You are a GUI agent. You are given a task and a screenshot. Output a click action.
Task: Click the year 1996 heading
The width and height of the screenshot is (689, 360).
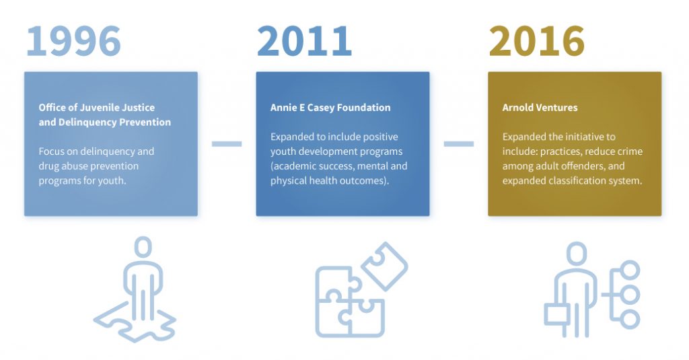pyautogui.click(x=73, y=41)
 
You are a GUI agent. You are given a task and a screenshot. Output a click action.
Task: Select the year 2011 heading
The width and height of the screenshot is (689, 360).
pyautogui.click(x=304, y=41)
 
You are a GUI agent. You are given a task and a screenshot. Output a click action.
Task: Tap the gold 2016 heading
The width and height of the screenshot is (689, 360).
pyautogui.click(x=536, y=41)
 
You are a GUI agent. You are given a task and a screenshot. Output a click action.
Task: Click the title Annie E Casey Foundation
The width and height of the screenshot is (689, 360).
pyautogui.click(x=330, y=108)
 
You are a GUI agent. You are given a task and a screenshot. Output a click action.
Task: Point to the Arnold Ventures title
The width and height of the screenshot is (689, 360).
pyautogui.click(x=540, y=108)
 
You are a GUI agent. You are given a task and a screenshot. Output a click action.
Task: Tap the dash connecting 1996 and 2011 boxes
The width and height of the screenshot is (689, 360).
pyautogui.click(x=227, y=144)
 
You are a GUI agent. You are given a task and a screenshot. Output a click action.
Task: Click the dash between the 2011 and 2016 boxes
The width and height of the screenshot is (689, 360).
pyautogui.click(x=459, y=144)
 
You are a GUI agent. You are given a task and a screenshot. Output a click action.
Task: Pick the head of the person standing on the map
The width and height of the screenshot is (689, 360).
pyautogui.click(x=143, y=247)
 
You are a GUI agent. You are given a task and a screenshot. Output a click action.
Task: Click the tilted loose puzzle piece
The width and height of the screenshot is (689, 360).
pyautogui.click(x=384, y=266)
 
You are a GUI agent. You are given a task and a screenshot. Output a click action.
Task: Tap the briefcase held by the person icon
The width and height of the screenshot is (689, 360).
pyautogui.click(x=557, y=314)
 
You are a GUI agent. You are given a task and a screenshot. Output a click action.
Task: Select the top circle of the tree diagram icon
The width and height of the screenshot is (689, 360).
pyautogui.click(x=630, y=269)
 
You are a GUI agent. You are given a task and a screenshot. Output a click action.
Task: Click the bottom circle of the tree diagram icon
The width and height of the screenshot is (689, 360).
pyautogui.click(x=630, y=319)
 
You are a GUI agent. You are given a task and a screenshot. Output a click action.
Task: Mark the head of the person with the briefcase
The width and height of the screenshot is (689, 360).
pyautogui.click(x=577, y=254)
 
